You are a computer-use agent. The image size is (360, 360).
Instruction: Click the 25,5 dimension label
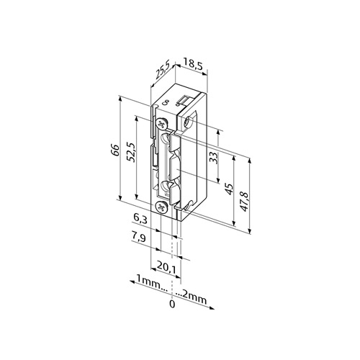coord(163,70)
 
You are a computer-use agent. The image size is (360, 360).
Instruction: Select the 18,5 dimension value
coord(193,66)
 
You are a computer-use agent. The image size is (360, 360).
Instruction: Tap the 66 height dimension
coord(115,150)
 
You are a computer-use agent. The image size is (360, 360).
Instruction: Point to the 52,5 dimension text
coord(132,153)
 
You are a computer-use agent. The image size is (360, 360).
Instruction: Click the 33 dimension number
coord(214,158)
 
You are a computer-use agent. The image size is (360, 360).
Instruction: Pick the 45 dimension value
coord(229,189)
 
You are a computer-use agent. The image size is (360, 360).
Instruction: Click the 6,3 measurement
coord(140,219)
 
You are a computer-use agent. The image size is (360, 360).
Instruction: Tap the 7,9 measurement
coord(138,237)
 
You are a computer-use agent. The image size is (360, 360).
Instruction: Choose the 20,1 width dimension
coord(166,267)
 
